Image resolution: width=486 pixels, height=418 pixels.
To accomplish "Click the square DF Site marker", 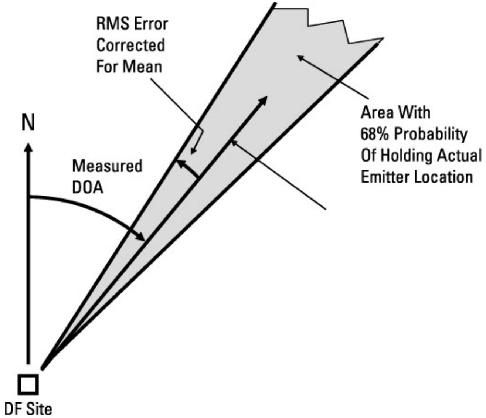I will coord(28,385).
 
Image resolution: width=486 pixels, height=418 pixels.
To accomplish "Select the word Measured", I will coord(107,166).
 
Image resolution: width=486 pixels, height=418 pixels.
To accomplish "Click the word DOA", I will coord(88,188).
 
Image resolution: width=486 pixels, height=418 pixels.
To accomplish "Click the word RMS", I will coord(112,24).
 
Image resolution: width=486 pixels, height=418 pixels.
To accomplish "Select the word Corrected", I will coord(130,45).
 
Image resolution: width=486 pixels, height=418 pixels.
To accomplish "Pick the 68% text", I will coord(375,134).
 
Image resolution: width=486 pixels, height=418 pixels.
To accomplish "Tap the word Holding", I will coord(408,156).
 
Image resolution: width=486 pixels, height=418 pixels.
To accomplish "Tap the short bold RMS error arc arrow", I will coord(187,168).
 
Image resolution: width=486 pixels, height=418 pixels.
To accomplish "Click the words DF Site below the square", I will coord(28,409).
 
